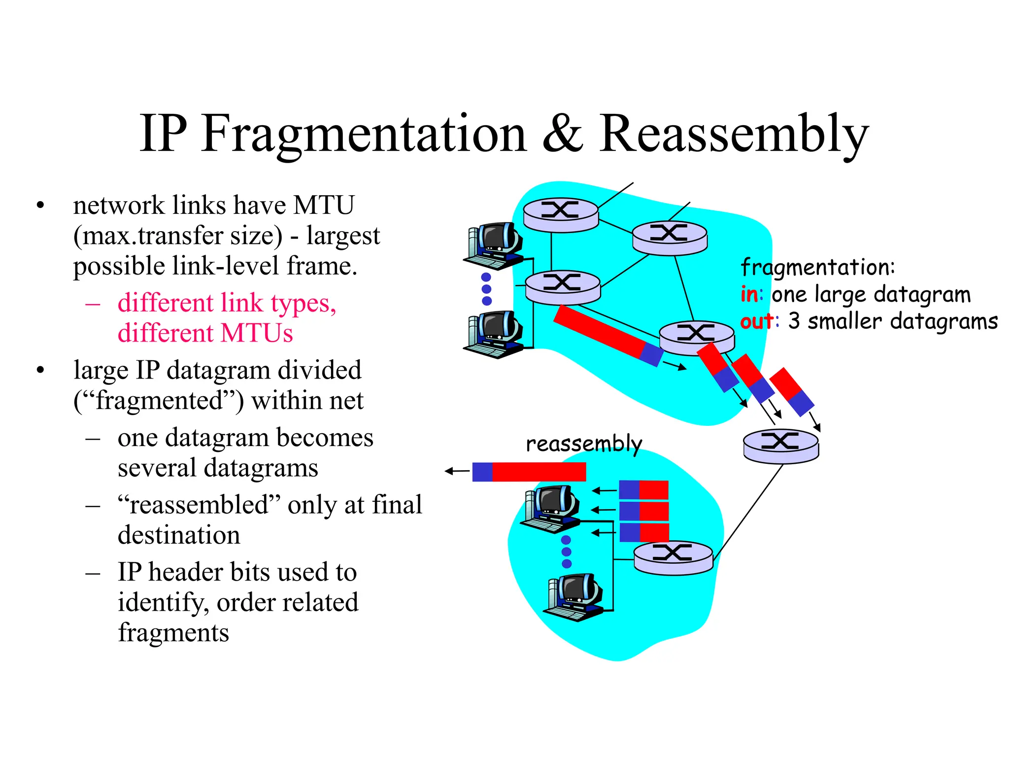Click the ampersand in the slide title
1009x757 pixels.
pos(562,134)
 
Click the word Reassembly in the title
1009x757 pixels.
pos(734,135)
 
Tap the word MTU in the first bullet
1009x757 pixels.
pos(324,205)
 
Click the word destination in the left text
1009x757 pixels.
pos(179,535)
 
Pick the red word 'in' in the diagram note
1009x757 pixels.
pos(749,295)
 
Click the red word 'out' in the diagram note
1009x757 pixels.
pos(756,321)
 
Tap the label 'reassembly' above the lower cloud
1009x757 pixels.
pos(584,444)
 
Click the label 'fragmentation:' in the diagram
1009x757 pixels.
pos(817,268)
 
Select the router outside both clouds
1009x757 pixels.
pos(781,446)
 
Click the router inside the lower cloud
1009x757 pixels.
pos(673,557)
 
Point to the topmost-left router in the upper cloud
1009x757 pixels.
pos(561,214)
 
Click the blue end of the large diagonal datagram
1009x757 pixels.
pos(651,354)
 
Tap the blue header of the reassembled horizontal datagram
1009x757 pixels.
pos(482,472)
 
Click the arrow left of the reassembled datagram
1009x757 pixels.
pos(457,472)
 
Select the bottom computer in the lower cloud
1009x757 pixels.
pos(573,597)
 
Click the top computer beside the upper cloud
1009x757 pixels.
pos(493,245)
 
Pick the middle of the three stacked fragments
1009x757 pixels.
pos(643,511)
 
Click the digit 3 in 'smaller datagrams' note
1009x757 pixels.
pos(794,321)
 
